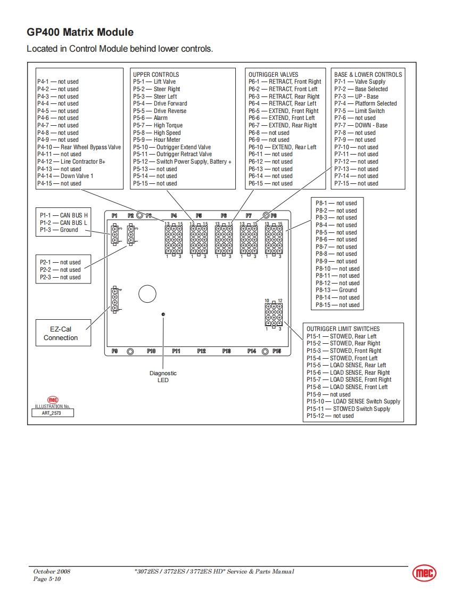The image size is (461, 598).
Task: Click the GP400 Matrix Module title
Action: click(x=80, y=33)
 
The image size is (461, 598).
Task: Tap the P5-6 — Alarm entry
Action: click(x=150, y=118)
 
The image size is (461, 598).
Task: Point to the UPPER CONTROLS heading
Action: click(x=156, y=75)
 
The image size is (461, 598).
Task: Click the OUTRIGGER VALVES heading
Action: click(x=273, y=75)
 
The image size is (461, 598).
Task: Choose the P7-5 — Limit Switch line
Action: click(x=359, y=111)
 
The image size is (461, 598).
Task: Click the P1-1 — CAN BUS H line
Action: click(x=63, y=215)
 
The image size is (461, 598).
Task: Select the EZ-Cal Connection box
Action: click(x=61, y=334)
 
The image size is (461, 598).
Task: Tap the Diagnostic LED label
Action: click(x=163, y=377)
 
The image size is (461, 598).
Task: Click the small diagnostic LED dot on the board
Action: click(x=163, y=314)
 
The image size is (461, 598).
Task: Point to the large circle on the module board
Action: click(x=147, y=294)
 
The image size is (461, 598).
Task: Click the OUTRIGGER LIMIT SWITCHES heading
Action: click(x=343, y=329)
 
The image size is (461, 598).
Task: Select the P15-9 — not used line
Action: click(x=328, y=394)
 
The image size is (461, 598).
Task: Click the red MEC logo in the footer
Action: click(x=424, y=573)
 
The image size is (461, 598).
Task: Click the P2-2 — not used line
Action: click(x=60, y=270)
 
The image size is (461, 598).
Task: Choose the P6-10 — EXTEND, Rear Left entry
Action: click(x=282, y=147)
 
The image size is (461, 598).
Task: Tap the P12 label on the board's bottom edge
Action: click(x=201, y=351)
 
